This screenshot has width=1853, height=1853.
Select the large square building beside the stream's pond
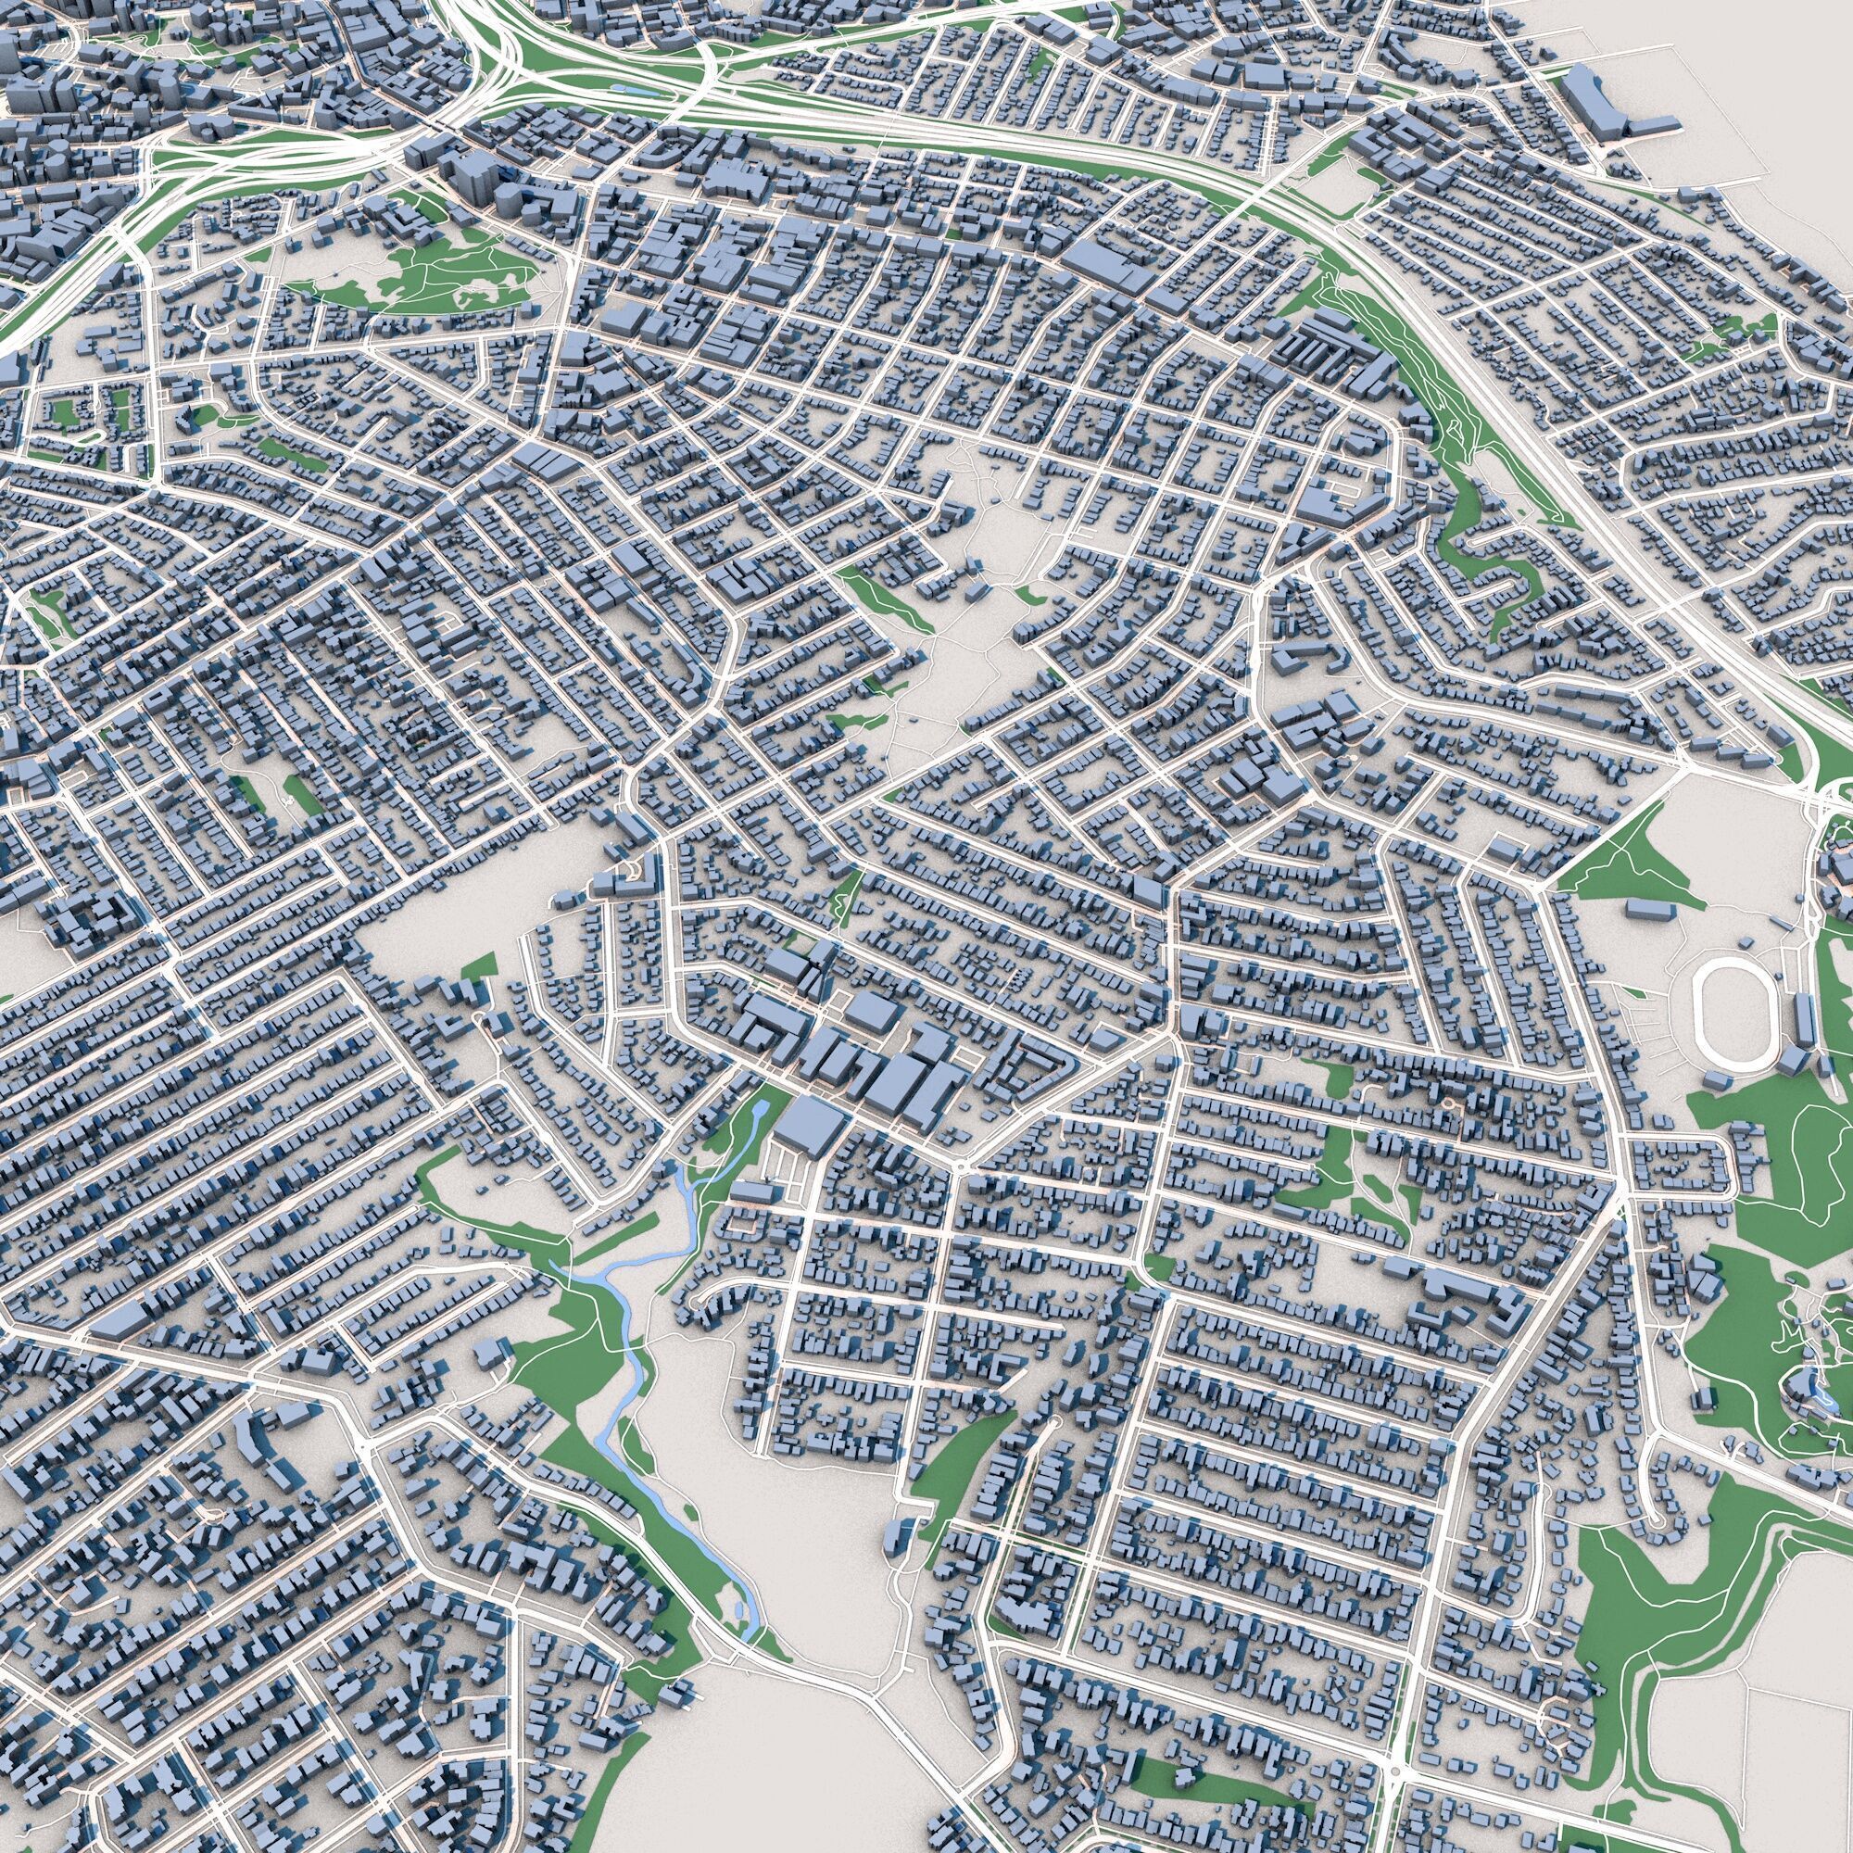pos(811,1127)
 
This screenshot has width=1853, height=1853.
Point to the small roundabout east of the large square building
pos(960,1166)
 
